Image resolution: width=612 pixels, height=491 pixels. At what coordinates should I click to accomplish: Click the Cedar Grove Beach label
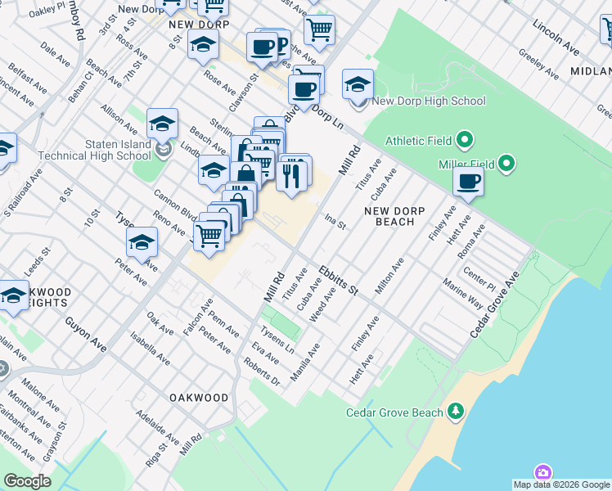tap(394, 412)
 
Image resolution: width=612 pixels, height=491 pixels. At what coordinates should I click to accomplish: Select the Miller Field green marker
tap(507, 164)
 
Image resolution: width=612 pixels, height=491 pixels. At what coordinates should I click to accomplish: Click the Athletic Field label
tap(416, 141)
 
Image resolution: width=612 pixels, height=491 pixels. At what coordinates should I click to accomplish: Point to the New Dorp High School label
tap(428, 101)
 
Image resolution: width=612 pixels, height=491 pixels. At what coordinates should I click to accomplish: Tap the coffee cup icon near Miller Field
tap(469, 182)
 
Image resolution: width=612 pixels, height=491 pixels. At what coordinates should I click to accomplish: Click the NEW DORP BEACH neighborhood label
tap(394, 216)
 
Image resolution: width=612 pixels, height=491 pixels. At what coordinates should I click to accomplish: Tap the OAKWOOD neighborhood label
tap(199, 398)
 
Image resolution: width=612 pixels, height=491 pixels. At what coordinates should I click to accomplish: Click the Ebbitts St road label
tap(340, 280)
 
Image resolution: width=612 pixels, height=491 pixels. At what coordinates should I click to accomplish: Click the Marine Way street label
tap(462, 295)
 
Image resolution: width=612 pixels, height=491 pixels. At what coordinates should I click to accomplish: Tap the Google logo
tap(27, 481)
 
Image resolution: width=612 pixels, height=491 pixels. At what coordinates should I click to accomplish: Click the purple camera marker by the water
tap(543, 473)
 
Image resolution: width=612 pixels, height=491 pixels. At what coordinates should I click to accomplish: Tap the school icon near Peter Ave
tap(142, 243)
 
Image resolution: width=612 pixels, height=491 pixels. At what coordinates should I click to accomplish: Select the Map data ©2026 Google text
tap(560, 484)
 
